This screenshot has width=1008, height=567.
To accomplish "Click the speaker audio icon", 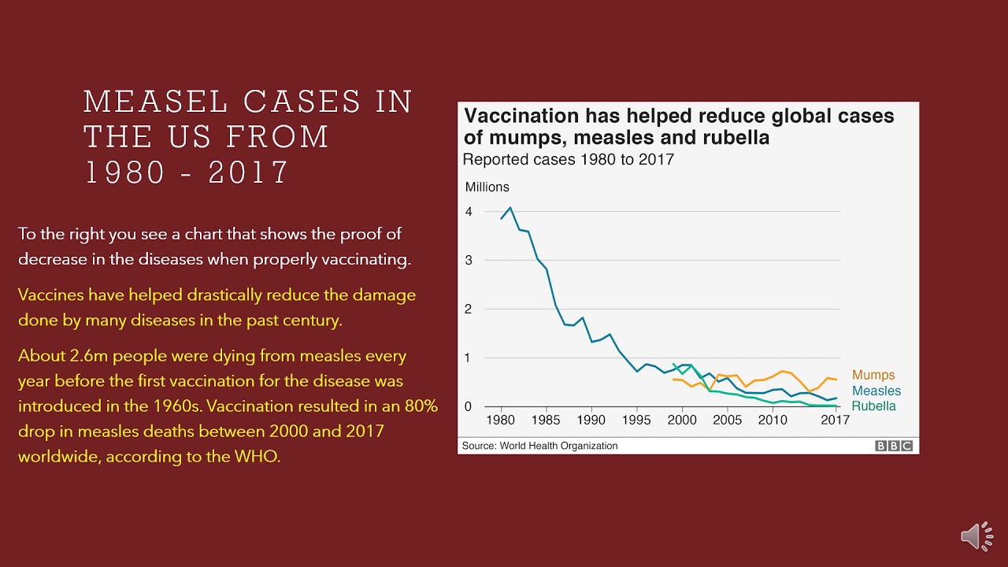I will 976,535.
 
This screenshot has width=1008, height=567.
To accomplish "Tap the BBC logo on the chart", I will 894,446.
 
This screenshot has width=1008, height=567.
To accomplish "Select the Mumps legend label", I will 873,376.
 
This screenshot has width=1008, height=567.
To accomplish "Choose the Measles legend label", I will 876,391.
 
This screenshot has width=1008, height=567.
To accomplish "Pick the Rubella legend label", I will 874,406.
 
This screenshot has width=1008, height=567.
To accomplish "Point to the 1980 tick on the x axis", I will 501,420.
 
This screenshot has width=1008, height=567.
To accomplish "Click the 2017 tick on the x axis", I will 836,420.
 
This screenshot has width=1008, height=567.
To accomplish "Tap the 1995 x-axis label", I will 636,420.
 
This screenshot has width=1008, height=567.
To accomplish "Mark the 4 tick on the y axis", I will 469,212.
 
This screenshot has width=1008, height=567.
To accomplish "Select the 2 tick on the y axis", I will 469,309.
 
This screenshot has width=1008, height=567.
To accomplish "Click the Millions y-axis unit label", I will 487,187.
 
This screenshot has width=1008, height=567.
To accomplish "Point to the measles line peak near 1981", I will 510,207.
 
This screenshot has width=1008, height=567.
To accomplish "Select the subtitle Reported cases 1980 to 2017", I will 568,160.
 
